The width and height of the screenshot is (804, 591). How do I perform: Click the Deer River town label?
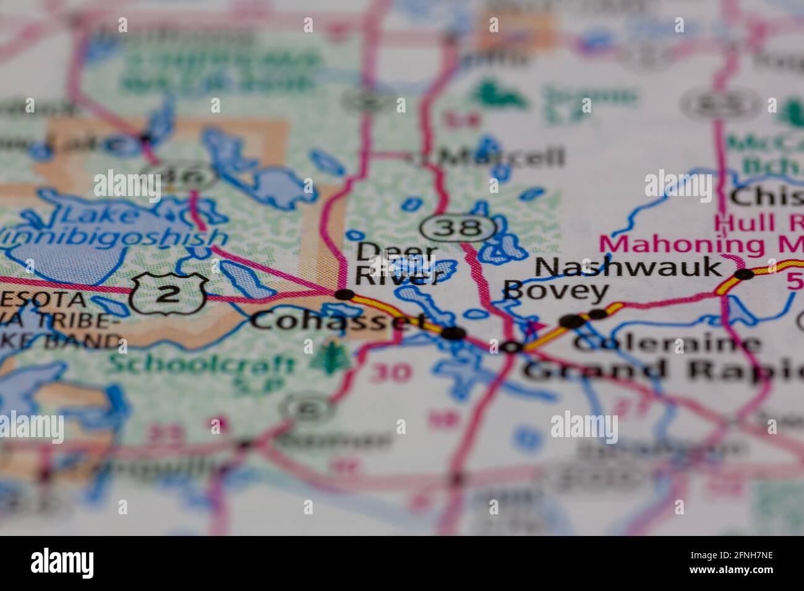coord(396,263)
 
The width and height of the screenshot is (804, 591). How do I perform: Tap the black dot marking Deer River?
coord(344,295)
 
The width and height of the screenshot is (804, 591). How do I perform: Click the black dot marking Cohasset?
coord(455,333)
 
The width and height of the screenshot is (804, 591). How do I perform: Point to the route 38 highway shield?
coord(458,228)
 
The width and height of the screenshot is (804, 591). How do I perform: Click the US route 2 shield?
coord(168,294)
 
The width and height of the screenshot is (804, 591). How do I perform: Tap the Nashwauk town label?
coord(628,268)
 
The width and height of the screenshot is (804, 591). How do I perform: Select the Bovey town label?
coord(555,291)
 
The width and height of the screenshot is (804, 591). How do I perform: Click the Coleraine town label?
coord(667,344)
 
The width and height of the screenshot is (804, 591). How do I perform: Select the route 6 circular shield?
coord(308,408)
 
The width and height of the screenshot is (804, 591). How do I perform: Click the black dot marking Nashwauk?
coord(744,274)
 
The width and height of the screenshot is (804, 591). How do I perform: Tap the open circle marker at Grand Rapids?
coord(511,347)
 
